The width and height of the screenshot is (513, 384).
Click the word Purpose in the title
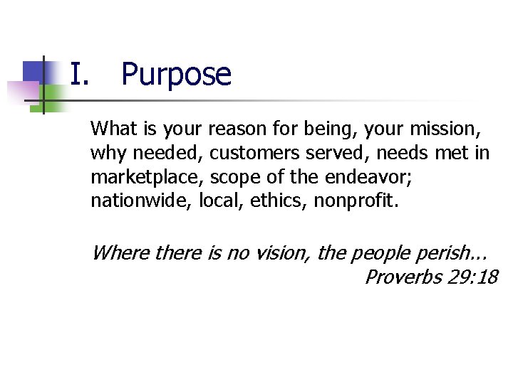(176, 75)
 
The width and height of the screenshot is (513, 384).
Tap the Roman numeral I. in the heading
(79, 73)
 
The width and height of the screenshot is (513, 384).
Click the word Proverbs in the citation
(403, 276)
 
